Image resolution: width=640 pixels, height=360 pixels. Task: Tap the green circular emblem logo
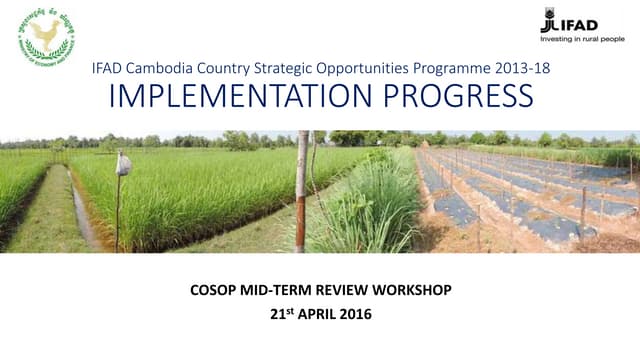(46, 37)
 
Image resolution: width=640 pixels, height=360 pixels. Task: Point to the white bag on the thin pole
(123, 164)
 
